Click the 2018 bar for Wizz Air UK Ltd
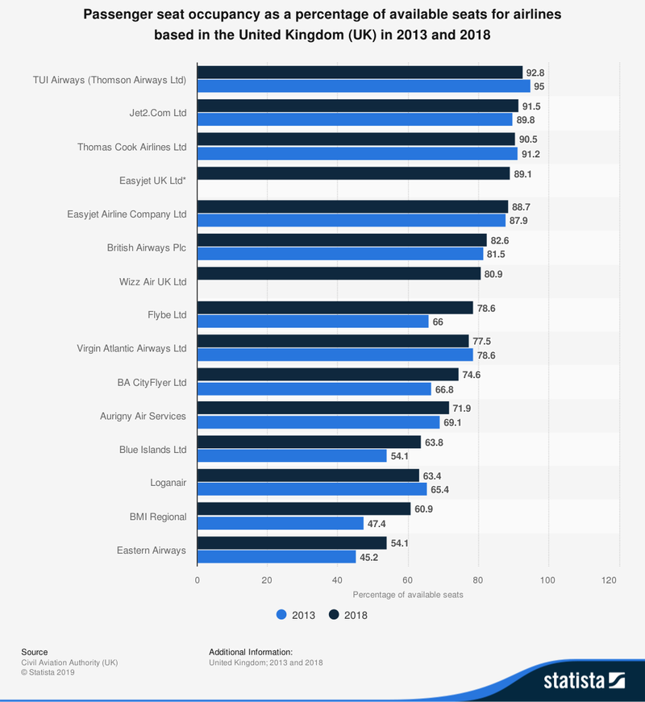(339, 274)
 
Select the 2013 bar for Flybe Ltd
(313, 322)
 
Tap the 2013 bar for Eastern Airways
(277, 557)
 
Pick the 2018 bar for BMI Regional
(304, 509)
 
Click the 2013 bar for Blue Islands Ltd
(292, 456)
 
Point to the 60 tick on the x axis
(408, 579)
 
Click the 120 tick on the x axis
(618, 579)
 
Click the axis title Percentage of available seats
(407, 594)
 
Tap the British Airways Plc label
(147, 247)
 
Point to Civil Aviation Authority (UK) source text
(69, 662)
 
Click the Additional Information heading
(250, 651)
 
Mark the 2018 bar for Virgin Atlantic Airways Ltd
(332, 342)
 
